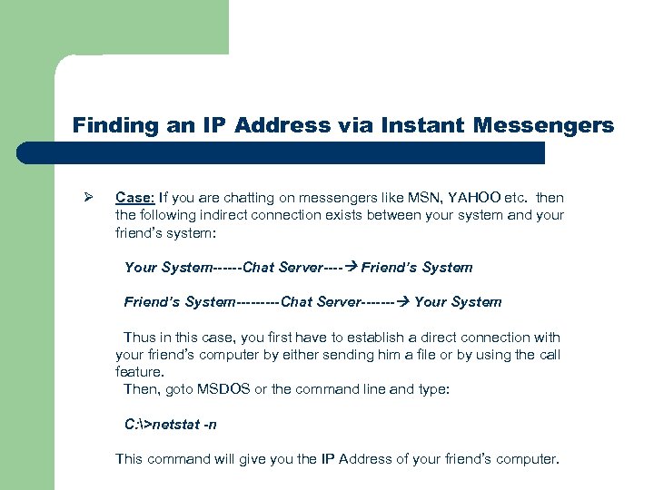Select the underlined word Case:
135,198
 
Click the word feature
139,371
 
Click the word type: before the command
433,388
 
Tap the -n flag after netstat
210,424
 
